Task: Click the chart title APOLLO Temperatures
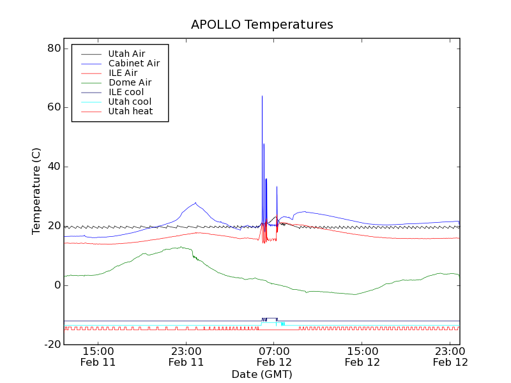pyautogui.click(x=262, y=25)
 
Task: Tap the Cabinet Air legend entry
pyautogui.click(x=133, y=63)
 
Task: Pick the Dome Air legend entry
pyautogui.click(x=130, y=82)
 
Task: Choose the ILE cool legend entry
pyautogui.click(x=126, y=92)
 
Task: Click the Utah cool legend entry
pyautogui.click(x=130, y=101)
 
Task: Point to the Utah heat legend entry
pyautogui.click(x=130, y=111)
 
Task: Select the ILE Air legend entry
pyautogui.click(x=123, y=73)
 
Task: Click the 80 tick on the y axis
pyautogui.click(x=54, y=49)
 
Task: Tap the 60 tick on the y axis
pyautogui.click(x=54, y=107)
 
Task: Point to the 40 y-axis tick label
pyautogui.click(x=54, y=167)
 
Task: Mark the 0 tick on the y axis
pyautogui.click(x=57, y=285)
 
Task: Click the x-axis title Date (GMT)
pyautogui.click(x=262, y=374)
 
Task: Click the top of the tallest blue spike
pyautogui.click(x=262, y=96)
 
